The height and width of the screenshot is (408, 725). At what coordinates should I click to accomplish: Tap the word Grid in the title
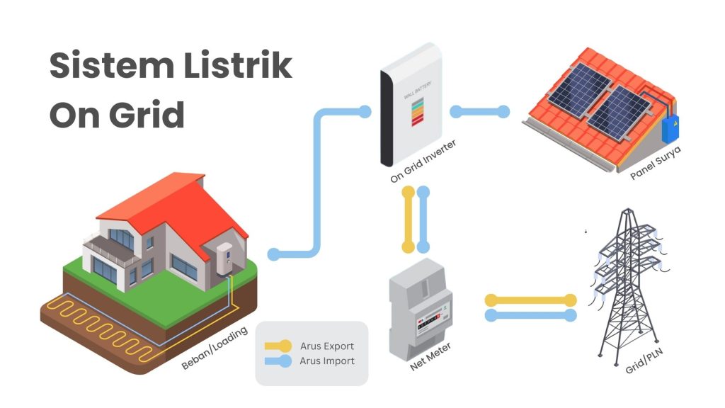147,115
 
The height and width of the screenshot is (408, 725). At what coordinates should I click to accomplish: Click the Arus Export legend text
327,346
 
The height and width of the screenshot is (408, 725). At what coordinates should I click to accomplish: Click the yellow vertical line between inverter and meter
408,220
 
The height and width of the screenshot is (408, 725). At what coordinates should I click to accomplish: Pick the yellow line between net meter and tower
530,301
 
